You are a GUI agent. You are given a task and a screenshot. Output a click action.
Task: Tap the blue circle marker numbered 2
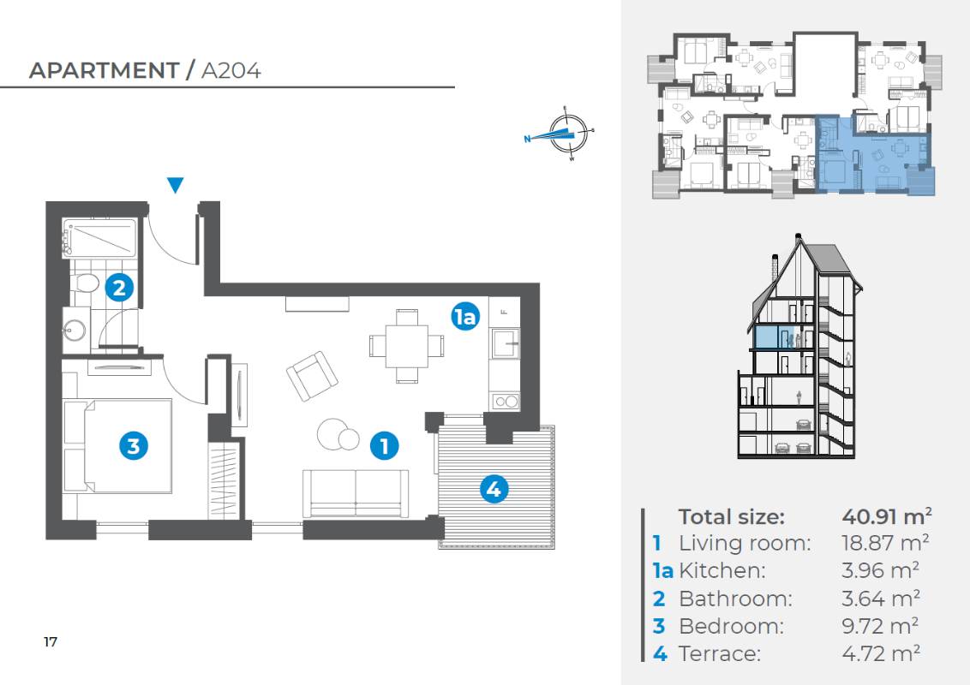pos(119,288)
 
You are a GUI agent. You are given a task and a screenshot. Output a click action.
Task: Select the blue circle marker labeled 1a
pos(465,316)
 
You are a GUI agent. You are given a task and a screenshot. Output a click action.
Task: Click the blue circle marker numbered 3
pos(134,446)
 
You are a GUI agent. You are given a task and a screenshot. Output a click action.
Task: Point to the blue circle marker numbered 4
pos(494,489)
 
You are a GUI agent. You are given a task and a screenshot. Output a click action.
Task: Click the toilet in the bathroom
pos(84,283)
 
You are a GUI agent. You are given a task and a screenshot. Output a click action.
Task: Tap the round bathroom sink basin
pos(75,331)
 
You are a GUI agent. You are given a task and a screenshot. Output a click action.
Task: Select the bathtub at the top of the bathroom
pos(99,238)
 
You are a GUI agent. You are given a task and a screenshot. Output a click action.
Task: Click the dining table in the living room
pos(406,346)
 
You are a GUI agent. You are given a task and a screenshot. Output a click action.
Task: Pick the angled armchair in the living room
pos(312,376)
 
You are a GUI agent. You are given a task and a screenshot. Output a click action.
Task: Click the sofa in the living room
pos(355,493)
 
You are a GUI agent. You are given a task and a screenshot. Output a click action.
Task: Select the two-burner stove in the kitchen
pos(506,402)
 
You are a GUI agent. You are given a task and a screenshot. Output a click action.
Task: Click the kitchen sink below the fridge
pos(506,343)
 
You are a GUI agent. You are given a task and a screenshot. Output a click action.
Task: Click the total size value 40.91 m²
pos(887,515)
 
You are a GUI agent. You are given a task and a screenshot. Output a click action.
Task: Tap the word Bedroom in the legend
pos(731,626)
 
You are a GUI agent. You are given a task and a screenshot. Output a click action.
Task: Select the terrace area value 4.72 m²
pos(881,652)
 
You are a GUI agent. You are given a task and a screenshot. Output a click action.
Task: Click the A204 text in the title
pos(231,70)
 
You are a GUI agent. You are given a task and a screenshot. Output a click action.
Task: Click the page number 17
pos(51,641)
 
